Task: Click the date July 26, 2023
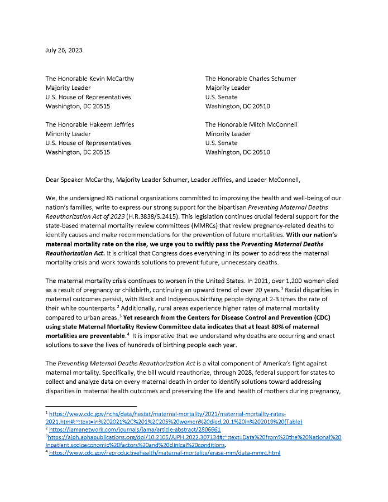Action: pos(64,50)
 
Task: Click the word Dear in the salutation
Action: pos(54,180)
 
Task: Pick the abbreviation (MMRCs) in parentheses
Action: pos(199,225)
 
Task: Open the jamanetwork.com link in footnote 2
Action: pos(135,429)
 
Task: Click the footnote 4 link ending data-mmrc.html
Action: pos(165,453)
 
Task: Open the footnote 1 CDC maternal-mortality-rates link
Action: pos(167,414)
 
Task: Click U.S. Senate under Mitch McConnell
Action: pos(221,143)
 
